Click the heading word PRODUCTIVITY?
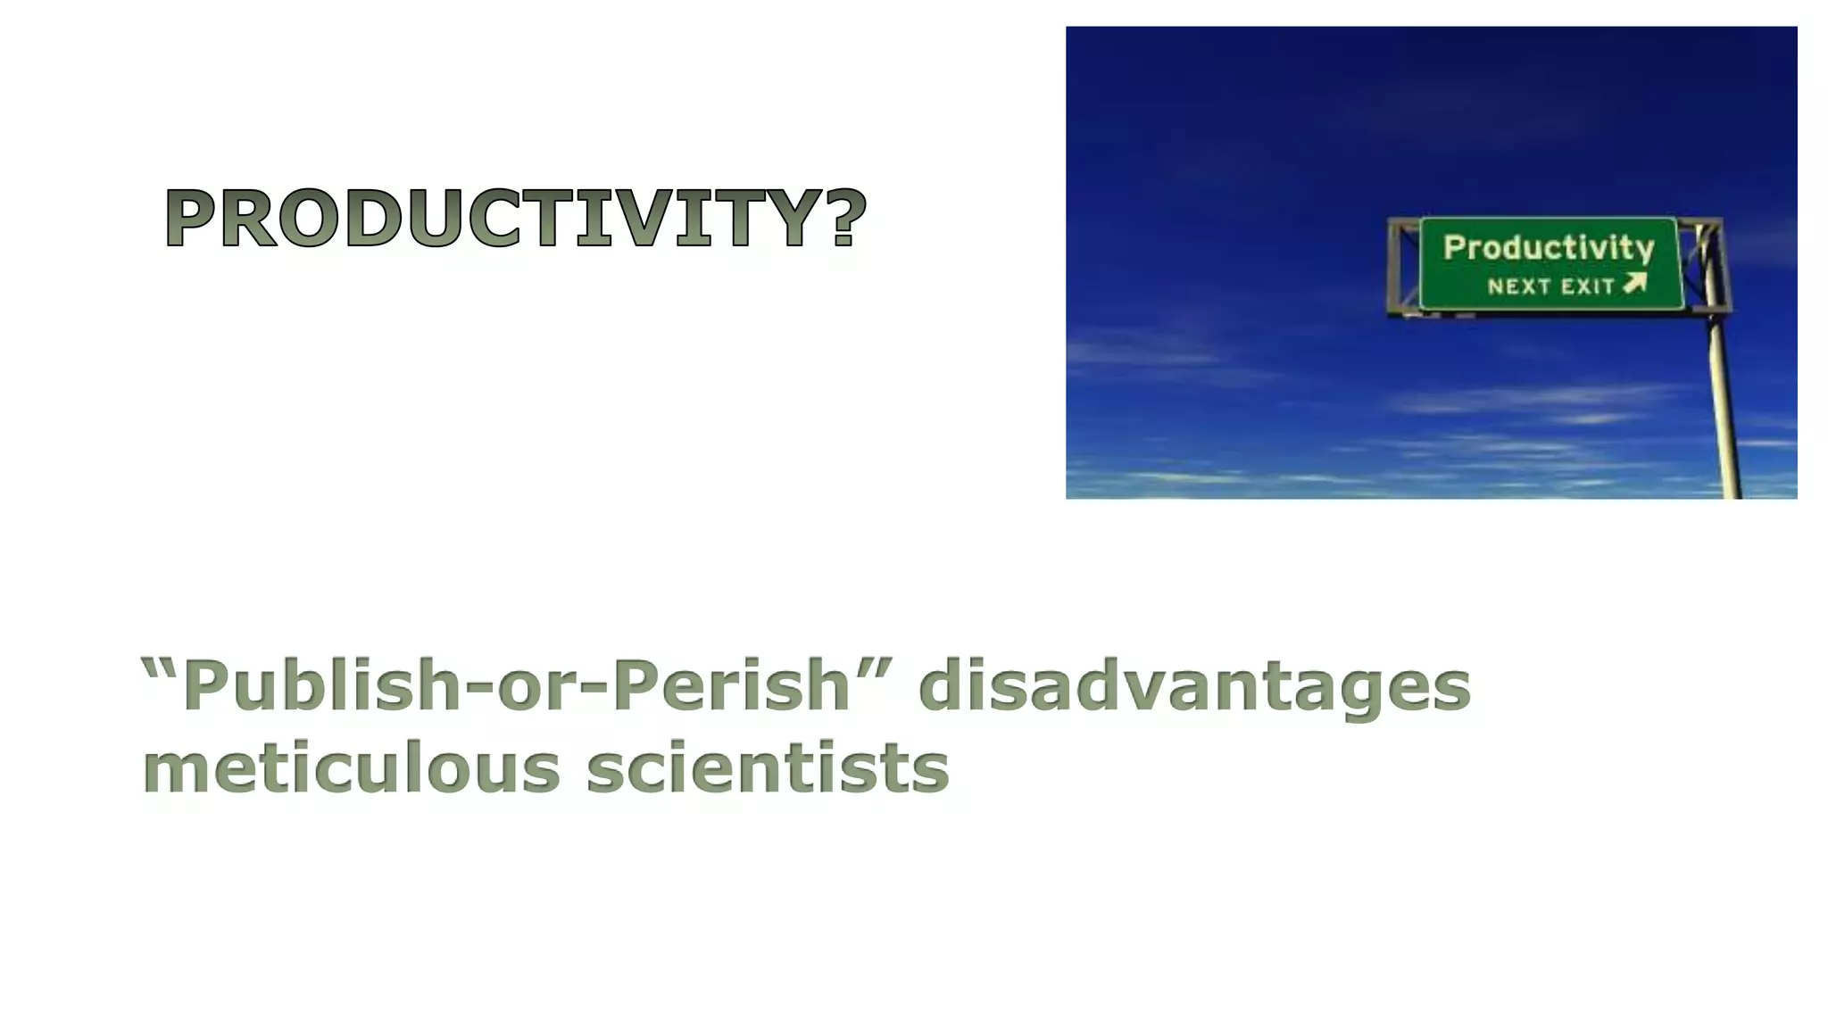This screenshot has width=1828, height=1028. [515, 220]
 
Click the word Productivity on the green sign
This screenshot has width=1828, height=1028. [1549, 247]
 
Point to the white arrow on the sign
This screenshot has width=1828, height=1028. [1634, 284]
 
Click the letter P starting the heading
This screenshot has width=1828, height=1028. [194, 220]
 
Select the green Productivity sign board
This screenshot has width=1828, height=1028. [1550, 263]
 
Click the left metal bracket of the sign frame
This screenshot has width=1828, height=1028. [1402, 265]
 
